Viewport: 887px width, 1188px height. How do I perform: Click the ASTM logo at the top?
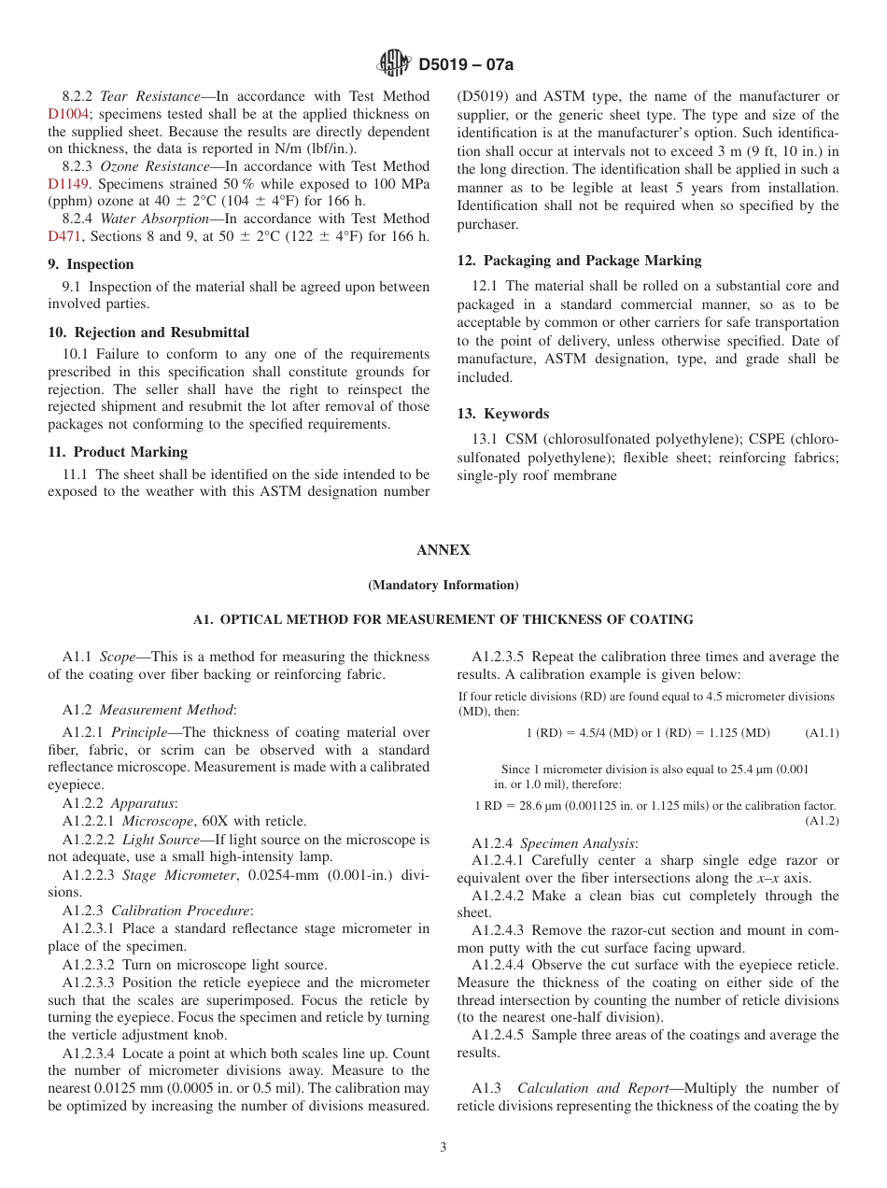point(393,64)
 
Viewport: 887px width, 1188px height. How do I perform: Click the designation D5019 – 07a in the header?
point(466,64)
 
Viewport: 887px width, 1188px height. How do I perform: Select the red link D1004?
point(66,114)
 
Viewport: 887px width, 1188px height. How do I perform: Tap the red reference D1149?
point(66,184)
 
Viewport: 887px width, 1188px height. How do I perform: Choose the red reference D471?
point(62,236)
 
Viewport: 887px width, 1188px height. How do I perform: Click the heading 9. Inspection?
point(91,264)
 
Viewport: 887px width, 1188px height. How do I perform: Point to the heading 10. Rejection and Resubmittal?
point(148,332)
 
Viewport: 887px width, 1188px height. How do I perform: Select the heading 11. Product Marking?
point(118,452)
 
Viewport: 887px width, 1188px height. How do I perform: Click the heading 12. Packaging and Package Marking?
point(579,261)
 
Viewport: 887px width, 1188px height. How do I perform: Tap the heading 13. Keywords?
point(502,414)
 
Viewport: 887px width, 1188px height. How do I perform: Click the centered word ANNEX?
point(443,550)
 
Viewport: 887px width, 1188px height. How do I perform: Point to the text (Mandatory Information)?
point(443,586)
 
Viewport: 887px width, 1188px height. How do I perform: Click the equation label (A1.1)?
point(822,733)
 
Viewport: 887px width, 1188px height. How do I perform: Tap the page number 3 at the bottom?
point(443,1148)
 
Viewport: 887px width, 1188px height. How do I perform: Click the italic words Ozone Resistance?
point(155,166)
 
